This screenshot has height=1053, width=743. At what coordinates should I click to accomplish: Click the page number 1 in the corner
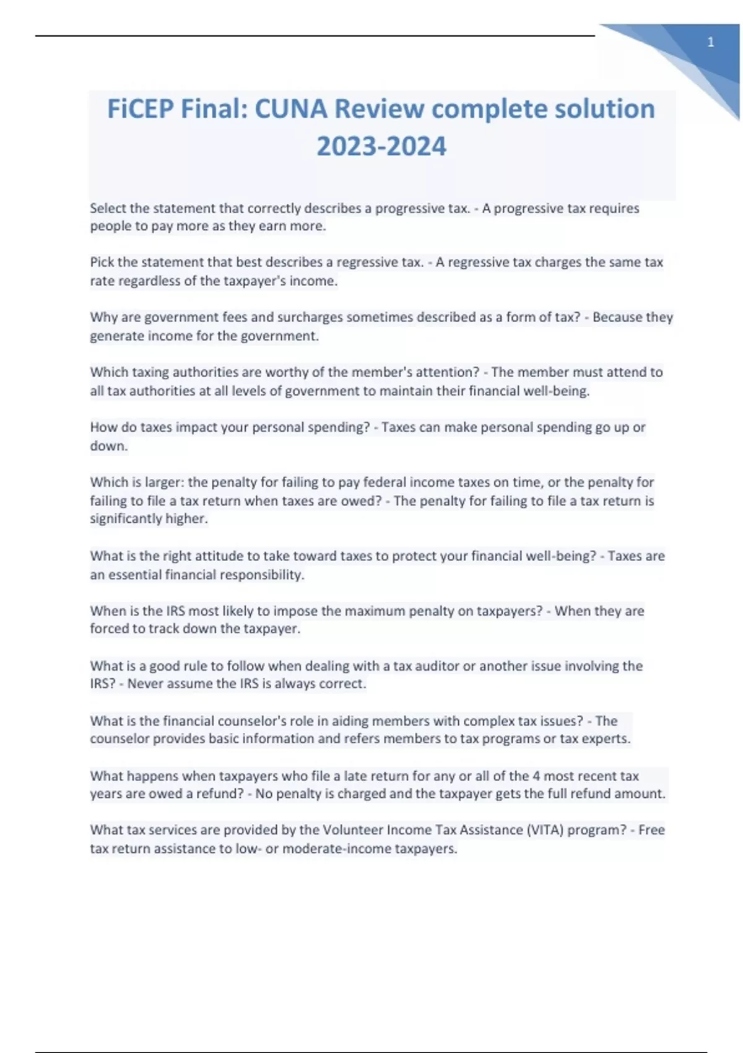click(x=711, y=42)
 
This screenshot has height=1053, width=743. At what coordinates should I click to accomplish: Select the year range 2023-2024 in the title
click(x=381, y=147)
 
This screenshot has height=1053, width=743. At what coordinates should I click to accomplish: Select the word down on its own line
click(x=108, y=446)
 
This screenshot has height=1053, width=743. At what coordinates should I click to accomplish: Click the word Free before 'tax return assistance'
click(x=651, y=830)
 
